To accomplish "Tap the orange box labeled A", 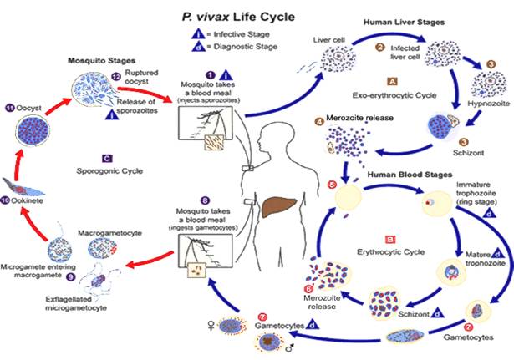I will (392, 82).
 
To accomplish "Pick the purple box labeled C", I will (108, 157).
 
